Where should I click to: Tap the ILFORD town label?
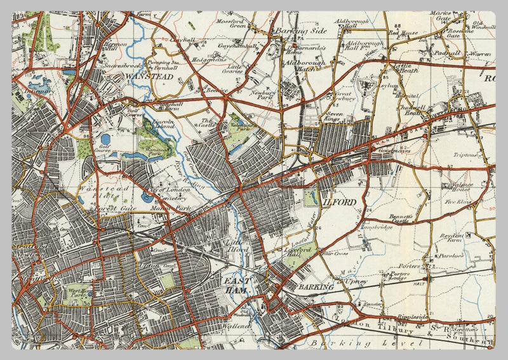click(342, 201)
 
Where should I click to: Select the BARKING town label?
click(315, 287)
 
